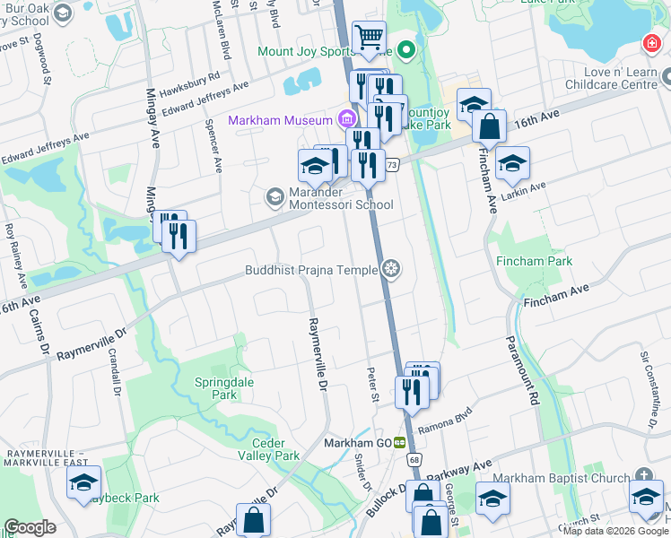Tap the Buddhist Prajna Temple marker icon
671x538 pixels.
click(x=390, y=269)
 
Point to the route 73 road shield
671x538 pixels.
click(x=392, y=165)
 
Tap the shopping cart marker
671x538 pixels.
click(x=369, y=38)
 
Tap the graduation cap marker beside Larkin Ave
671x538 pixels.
click(x=512, y=163)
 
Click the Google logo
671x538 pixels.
click(x=30, y=527)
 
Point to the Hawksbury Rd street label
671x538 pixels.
click(x=188, y=82)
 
